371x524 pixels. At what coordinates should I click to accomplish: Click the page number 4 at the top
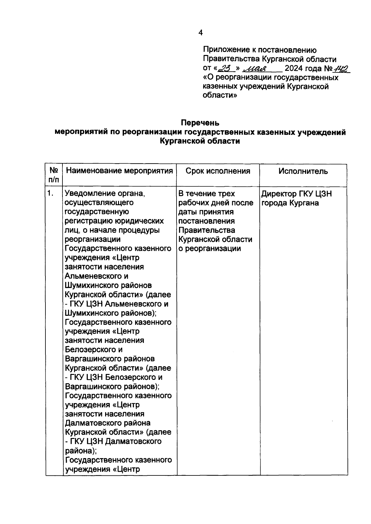click(201, 33)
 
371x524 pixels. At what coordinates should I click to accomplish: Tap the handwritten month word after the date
click(257, 69)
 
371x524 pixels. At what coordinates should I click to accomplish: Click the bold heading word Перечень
click(200, 123)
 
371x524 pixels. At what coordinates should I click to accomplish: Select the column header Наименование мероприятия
click(119, 171)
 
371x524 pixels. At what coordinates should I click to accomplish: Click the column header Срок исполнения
click(218, 171)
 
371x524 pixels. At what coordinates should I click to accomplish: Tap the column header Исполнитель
click(303, 171)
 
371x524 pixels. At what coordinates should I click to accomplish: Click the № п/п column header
click(54, 175)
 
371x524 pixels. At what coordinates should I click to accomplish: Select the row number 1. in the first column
click(50, 194)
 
